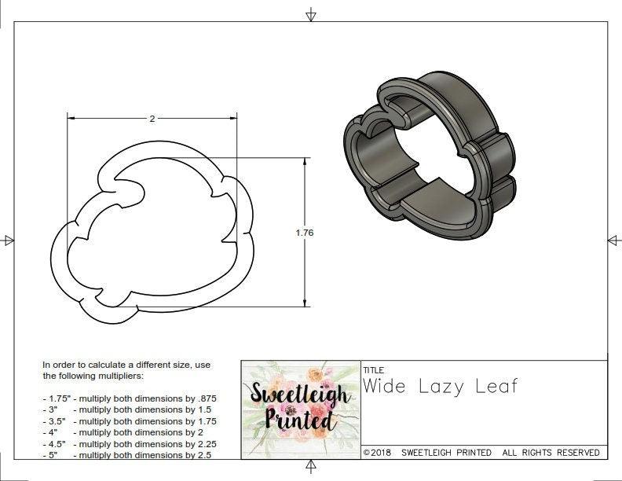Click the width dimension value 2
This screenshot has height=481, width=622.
[x=152, y=119]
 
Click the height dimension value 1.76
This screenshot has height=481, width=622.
[x=305, y=233]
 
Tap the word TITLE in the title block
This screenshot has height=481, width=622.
[x=373, y=369]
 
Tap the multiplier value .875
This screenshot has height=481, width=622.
[x=204, y=398]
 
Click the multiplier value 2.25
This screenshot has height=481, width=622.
[x=203, y=443]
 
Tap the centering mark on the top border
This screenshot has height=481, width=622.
[x=311, y=15]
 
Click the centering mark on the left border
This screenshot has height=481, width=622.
[x=9, y=240]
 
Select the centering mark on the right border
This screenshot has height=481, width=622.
[x=613, y=240]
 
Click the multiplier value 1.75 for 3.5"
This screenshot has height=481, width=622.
[x=203, y=421]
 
